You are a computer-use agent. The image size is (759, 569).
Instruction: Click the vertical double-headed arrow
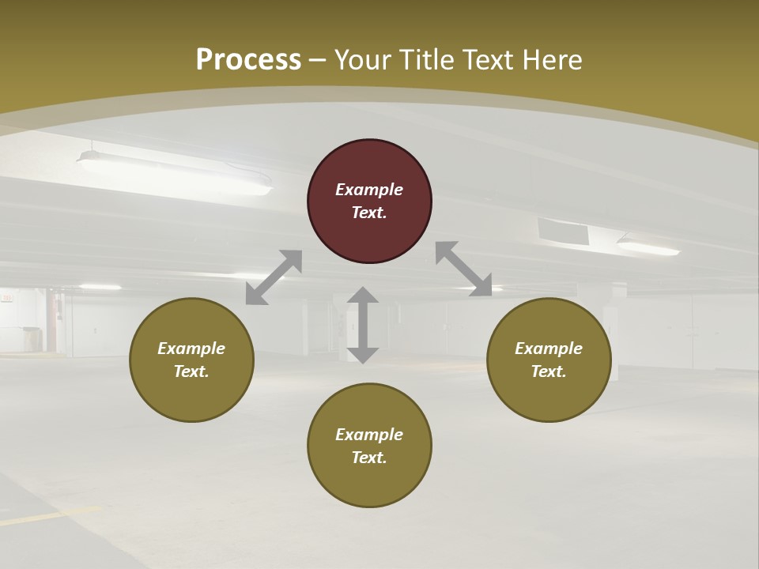363,325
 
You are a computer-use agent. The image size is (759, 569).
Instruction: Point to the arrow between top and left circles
274,277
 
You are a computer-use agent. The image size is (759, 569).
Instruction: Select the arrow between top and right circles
463,269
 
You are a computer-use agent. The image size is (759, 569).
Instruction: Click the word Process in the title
248,59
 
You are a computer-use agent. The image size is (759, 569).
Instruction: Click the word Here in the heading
551,59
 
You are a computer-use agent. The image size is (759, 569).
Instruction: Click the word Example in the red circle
369,190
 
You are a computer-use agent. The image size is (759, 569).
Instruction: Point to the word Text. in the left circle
191,371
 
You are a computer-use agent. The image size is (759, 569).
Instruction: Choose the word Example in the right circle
549,349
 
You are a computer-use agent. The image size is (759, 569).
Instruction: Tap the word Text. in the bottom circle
369,458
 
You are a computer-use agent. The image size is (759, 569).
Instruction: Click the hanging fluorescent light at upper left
174,172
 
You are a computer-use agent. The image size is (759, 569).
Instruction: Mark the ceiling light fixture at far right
648,247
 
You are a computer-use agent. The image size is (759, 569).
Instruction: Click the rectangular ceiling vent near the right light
563,231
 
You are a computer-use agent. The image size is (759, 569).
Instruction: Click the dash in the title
318,60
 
